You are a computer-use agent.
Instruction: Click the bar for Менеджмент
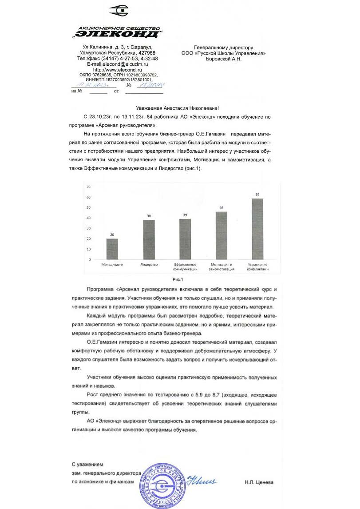click(112, 249)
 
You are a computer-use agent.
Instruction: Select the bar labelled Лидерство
click(149, 240)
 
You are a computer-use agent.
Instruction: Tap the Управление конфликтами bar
click(257, 229)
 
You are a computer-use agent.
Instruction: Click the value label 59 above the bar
click(257, 195)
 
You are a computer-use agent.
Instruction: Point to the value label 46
click(221, 207)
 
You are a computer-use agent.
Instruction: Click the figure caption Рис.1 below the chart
click(178, 279)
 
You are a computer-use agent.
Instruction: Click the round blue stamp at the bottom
click(163, 485)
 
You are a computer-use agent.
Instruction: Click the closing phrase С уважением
click(87, 464)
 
